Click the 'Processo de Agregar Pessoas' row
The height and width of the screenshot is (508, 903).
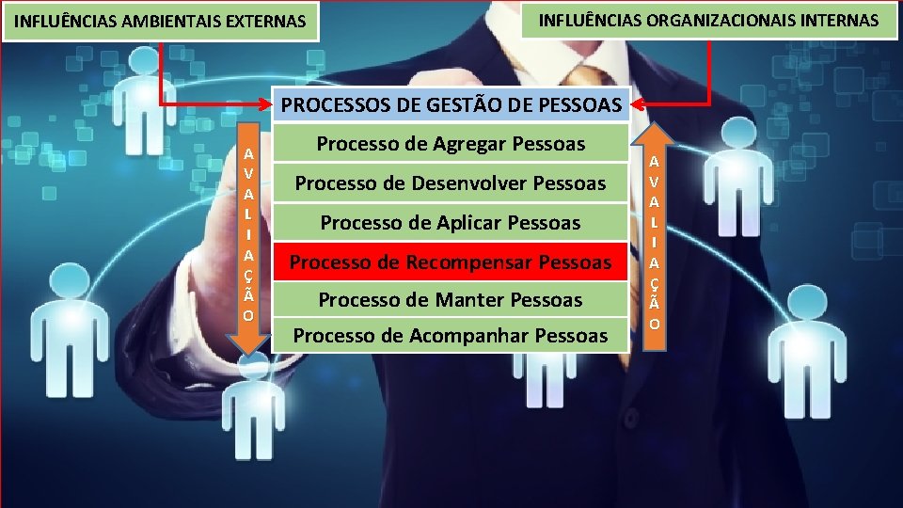pyautogui.click(x=451, y=144)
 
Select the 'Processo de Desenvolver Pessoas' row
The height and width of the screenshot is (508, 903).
pyautogui.click(x=451, y=183)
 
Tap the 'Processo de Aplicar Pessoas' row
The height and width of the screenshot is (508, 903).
pyautogui.click(x=451, y=223)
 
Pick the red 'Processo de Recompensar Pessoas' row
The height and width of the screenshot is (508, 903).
pyautogui.click(x=451, y=262)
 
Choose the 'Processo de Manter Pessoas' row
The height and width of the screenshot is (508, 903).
pyautogui.click(x=451, y=300)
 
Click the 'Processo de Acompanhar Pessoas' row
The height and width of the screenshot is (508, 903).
pyautogui.click(x=451, y=335)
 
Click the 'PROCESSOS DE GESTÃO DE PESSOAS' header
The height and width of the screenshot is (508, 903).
pyautogui.click(x=451, y=104)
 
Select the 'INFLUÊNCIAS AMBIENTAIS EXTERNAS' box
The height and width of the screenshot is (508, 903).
pyautogui.click(x=162, y=21)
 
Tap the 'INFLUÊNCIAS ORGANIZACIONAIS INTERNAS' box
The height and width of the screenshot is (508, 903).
pyautogui.click(x=709, y=19)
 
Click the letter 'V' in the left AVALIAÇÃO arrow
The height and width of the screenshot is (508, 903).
pyautogui.click(x=247, y=173)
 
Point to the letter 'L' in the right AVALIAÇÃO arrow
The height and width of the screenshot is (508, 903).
pyautogui.click(x=655, y=222)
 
